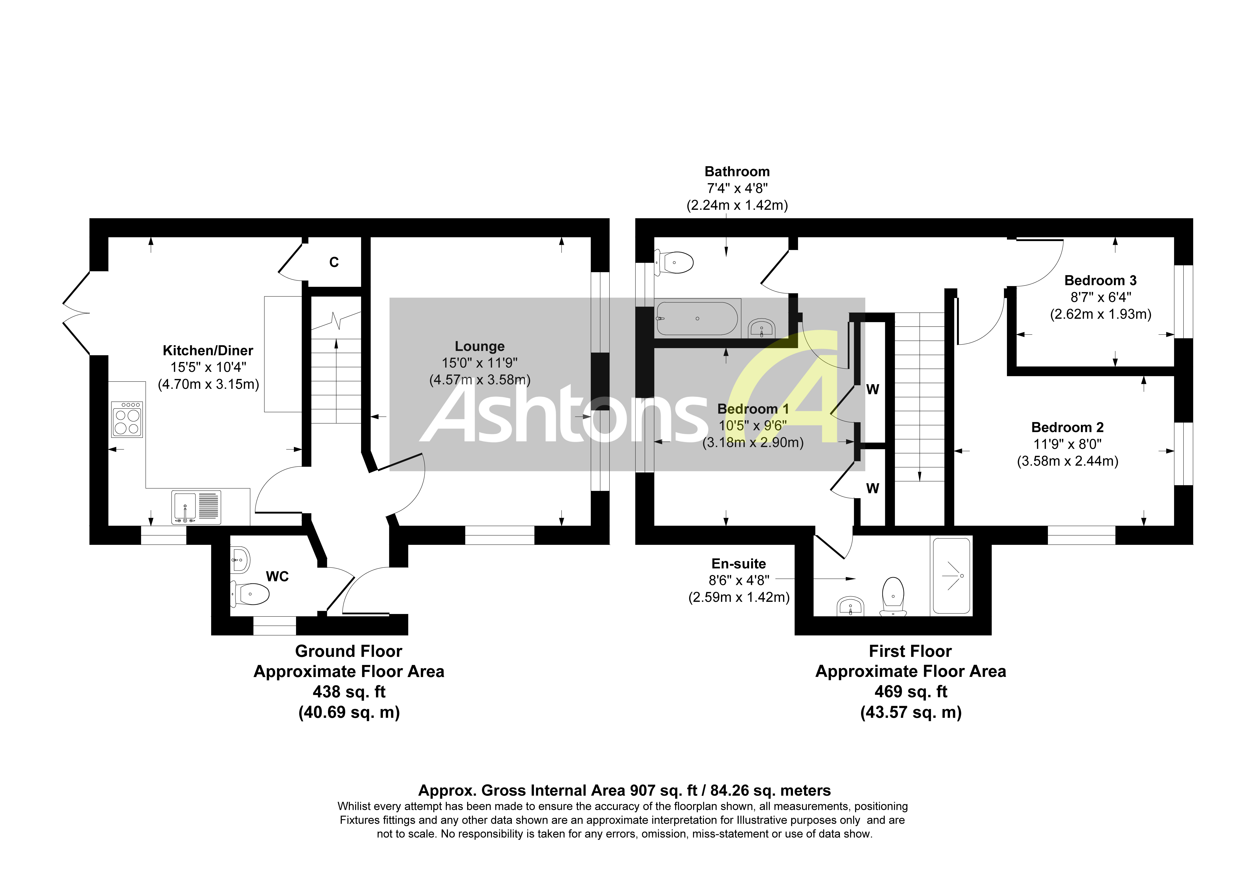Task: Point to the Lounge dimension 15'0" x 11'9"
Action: point(480,363)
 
